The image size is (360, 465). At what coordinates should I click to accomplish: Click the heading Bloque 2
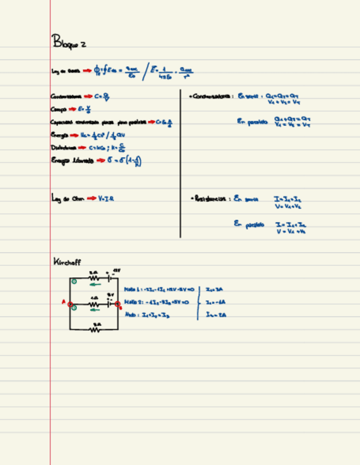click(x=68, y=42)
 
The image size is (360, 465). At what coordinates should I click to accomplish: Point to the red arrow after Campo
click(x=72, y=109)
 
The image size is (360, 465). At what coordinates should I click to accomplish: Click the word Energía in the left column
click(x=59, y=135)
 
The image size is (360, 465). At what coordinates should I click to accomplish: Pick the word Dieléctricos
click(x=61, y=148)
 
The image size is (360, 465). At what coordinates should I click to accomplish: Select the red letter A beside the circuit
click(x=64, y=301)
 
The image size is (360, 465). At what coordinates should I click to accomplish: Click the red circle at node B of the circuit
click(x=117, y=304)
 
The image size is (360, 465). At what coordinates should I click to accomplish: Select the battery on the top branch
click(x=110, y=277)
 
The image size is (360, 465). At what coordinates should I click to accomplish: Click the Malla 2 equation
click(x=156, y=302)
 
